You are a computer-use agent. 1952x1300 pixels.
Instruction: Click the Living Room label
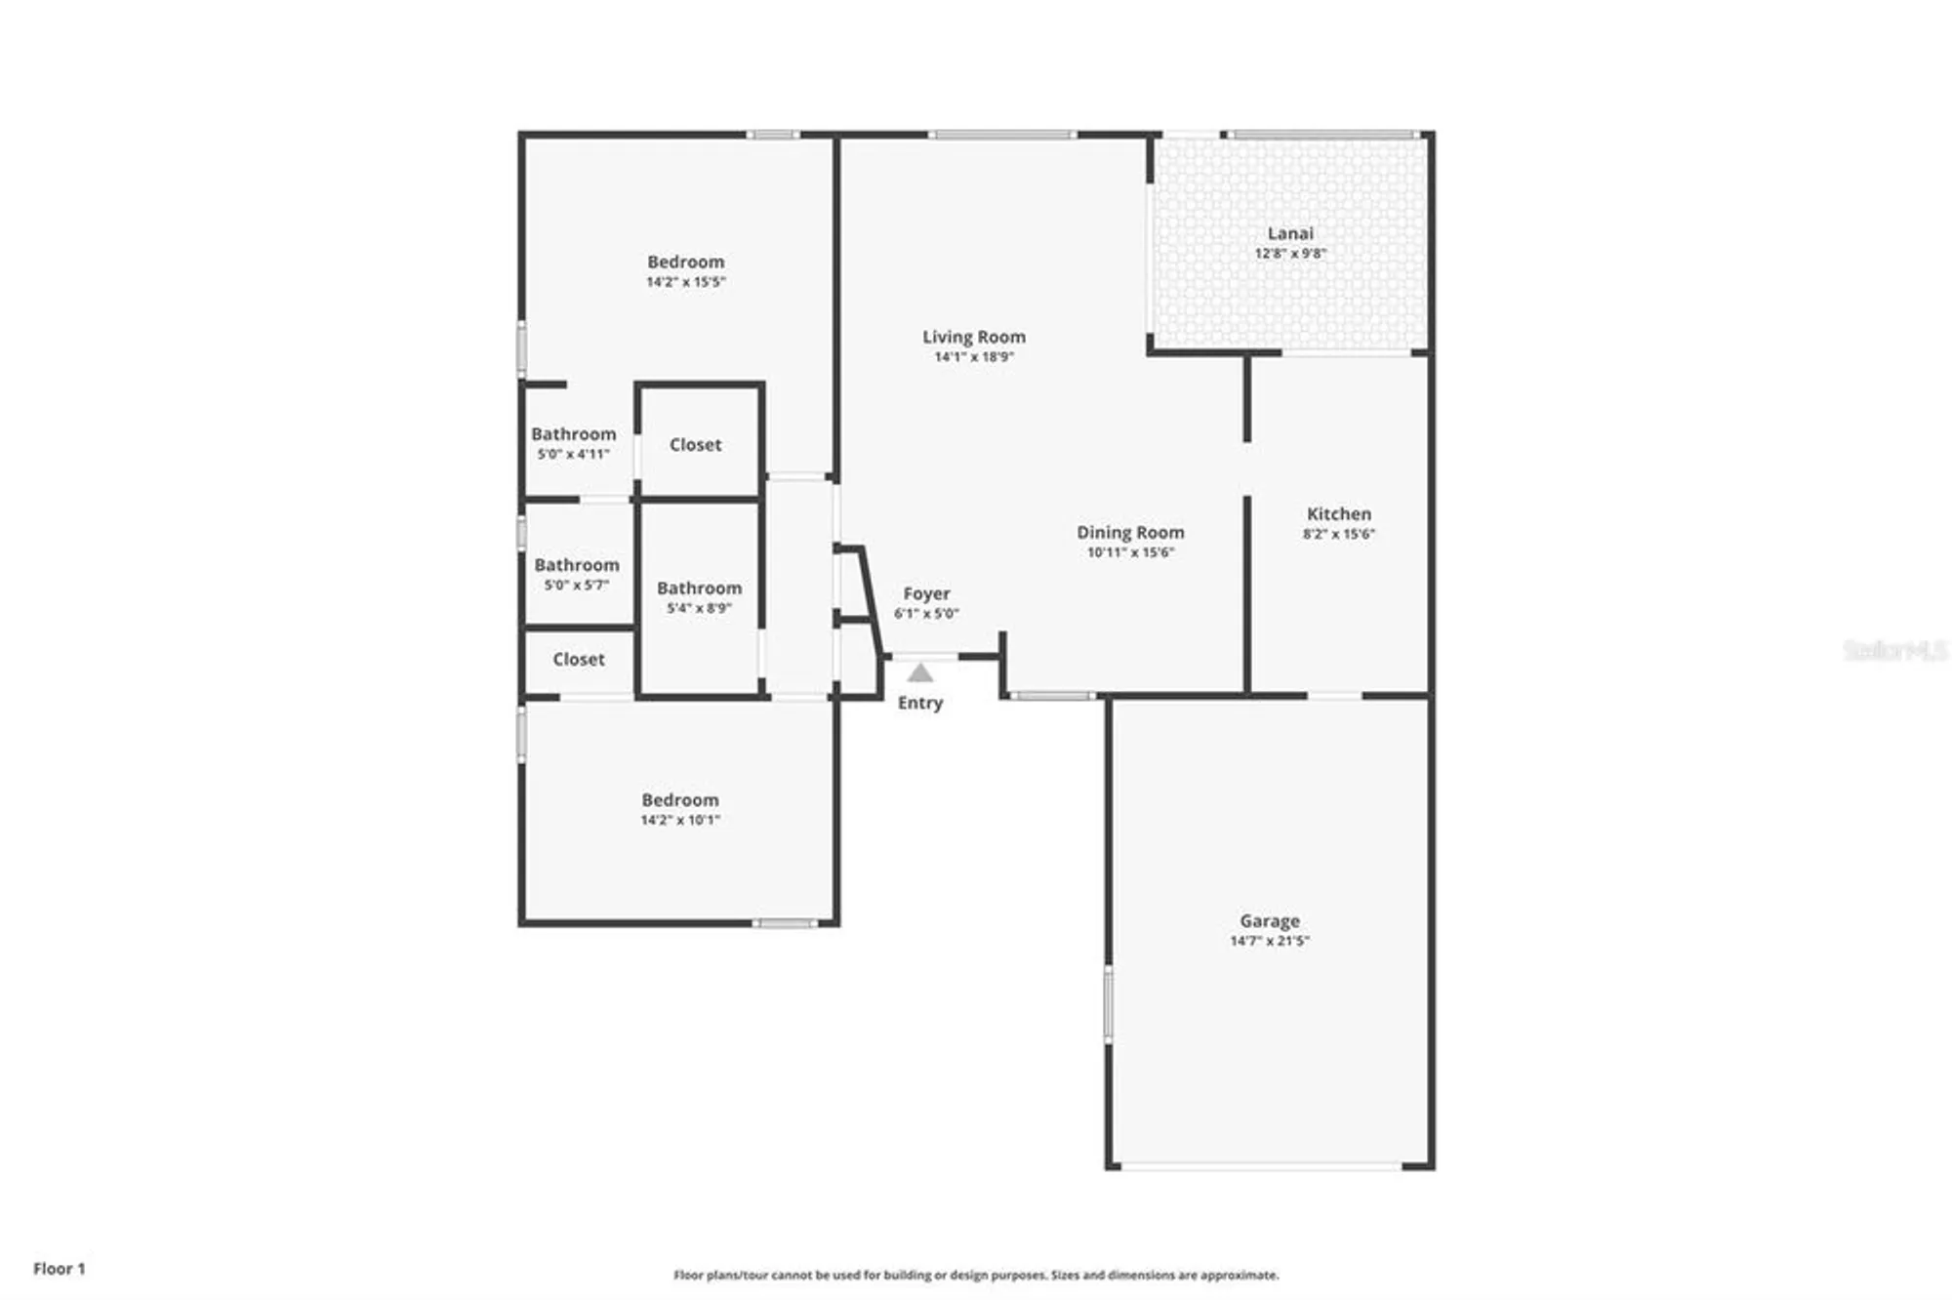974,337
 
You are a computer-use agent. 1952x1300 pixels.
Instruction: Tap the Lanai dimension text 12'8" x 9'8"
1290,254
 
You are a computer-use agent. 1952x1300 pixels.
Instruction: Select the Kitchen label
1338,513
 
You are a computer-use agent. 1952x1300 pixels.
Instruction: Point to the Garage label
1269,920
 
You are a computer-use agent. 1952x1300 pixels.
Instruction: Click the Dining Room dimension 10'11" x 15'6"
1130,552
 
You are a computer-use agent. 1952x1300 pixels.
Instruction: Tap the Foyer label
926,593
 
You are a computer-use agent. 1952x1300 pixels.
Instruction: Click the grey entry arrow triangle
919,672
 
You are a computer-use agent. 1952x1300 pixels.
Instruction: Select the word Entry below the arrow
919,703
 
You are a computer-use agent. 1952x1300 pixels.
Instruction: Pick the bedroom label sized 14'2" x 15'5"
685,262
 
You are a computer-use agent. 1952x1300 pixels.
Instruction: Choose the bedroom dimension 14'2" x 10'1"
679,820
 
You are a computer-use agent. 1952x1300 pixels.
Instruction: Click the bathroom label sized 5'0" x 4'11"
573,434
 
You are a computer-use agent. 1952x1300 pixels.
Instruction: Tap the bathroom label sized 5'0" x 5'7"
576,565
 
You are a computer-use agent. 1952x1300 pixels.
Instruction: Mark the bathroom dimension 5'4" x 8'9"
699,608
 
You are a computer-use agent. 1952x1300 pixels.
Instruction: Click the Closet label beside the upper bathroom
695,445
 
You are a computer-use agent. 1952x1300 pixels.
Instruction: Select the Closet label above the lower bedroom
578,660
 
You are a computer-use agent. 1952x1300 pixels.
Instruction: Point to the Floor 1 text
59,1269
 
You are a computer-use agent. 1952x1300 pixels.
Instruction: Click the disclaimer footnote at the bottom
975,1275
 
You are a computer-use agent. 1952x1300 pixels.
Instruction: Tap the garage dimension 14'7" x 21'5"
1269,941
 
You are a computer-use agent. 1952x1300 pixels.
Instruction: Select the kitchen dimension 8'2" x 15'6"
1338,534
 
